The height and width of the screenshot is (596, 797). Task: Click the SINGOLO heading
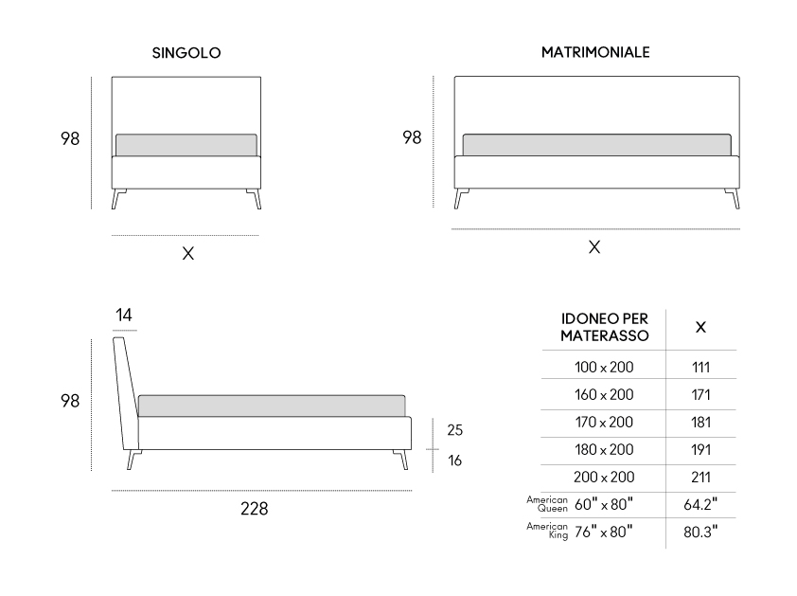click(186, 53)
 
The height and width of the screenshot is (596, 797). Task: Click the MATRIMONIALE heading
click(595, 52)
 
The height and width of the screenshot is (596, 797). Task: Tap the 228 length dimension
click(254, 509)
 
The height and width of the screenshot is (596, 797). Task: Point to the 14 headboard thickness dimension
click(123, 315)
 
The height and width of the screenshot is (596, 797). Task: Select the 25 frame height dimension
click(455, 430)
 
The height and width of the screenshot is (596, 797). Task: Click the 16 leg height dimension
click(455, 461)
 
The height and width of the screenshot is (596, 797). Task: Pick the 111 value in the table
click(701, 368)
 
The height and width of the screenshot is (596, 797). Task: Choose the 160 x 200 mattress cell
click(604, 395)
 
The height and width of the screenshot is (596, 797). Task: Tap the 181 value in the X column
click(701, 423)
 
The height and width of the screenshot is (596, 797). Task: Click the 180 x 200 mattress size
click(604, 450)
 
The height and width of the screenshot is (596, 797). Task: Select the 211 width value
click(701, 478)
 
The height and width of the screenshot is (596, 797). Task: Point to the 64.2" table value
click(700, 504)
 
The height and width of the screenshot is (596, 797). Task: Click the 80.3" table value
click(700, 532)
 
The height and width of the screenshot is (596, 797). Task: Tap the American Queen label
click(547, 504)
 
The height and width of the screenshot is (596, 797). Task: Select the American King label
click(547, 531)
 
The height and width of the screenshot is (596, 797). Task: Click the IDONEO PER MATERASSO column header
click(604, 327)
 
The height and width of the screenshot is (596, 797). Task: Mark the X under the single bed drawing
click(188, 253)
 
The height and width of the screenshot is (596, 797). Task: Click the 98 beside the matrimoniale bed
click(412, 137)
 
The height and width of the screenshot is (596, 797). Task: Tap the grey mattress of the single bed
click(186, 146)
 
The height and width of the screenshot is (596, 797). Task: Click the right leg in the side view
click(401, 460)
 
